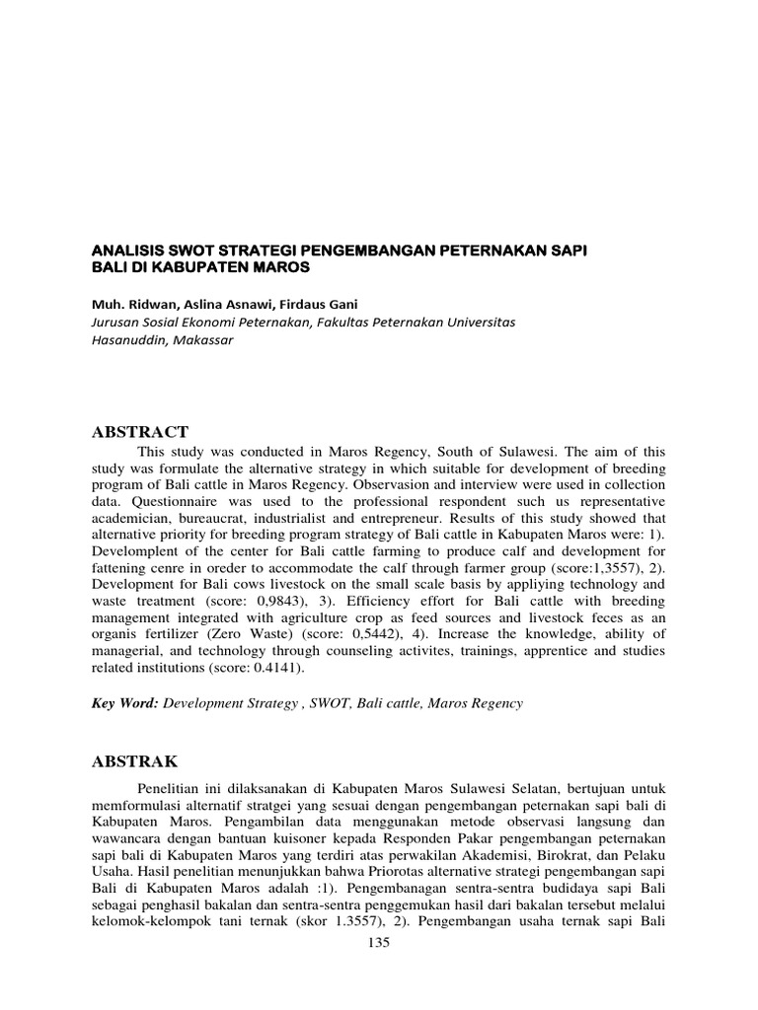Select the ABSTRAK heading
[x=135, y=760]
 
